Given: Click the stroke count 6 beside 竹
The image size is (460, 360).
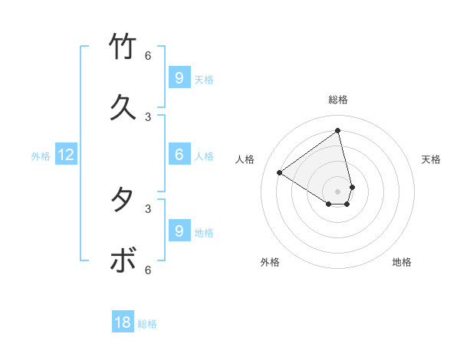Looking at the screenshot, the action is (x=148, y=55).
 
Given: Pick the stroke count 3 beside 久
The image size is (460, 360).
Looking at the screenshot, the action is (x=148, y=116).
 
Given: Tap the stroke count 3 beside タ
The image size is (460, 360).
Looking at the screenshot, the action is (x=148, y=208).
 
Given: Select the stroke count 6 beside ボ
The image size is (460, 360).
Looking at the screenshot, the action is (x=148, y=270).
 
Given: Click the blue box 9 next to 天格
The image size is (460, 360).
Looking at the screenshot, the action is (x=179, y=77).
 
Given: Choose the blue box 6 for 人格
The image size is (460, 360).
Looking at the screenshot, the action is (x=179, y=154).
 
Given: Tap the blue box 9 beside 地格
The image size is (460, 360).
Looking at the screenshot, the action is (x=179, y=231).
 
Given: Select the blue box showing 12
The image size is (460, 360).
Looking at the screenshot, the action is (x=66, y=155).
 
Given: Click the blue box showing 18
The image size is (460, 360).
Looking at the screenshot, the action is (x=123, y=322).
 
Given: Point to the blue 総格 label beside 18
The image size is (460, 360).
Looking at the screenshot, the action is (x=147, y=324).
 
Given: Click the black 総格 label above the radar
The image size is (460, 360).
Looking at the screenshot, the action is (x=338, y=100).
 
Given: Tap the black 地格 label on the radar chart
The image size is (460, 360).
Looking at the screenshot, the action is (x=402, y=262).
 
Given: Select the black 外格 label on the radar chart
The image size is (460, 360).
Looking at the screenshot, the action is (x=270, y=262).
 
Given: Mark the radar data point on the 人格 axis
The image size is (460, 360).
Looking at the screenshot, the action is (x=280, y=172).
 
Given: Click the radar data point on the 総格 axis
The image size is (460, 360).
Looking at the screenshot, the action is (x=338, y=130).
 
